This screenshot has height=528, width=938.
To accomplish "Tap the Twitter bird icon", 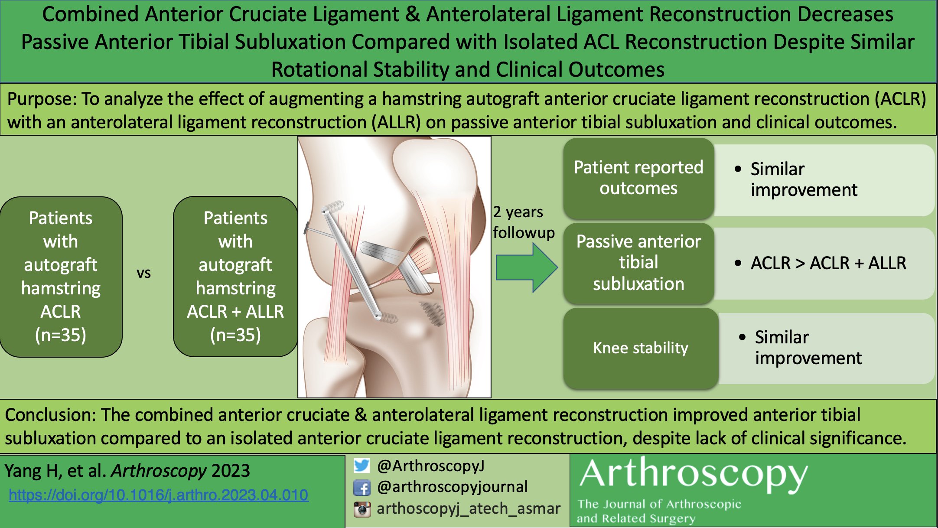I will [x=362, y=466].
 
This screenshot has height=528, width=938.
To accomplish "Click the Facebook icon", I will [x=362, y=488].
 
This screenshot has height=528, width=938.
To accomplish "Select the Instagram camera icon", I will [x=362, y=509].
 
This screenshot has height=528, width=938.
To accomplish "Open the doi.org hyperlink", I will [x=159, y=495].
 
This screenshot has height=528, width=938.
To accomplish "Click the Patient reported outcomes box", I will [x=638, y=178].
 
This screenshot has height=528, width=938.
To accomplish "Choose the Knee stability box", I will [x=640, y=348].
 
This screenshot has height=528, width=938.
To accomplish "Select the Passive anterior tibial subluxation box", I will [x=638, y=263].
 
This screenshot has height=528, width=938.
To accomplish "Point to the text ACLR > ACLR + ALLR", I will [x=828, y=263].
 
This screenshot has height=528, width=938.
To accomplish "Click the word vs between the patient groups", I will [x=143, y=273].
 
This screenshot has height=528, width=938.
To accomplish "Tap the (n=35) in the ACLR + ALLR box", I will [x=235, y=335].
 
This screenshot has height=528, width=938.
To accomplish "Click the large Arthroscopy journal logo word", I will [x=694, y=475].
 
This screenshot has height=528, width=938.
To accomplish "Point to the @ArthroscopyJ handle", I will [x=430, y=466].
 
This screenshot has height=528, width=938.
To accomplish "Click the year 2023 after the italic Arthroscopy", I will [x=231, y=471].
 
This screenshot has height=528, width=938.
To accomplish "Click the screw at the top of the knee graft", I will [x=333, y=207].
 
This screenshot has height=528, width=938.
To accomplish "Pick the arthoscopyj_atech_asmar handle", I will [x=469, y=508].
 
